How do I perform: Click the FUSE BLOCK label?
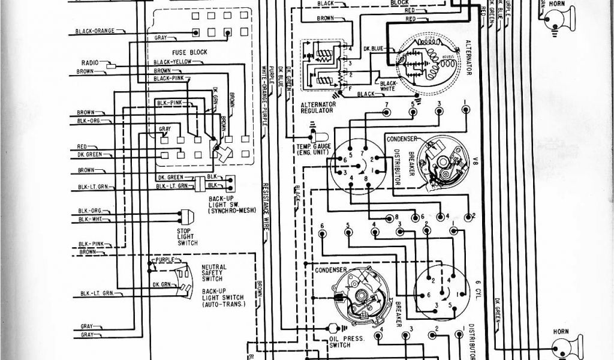[189, 53]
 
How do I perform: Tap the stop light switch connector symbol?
[186, 216]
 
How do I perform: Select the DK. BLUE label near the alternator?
[360, 50]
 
